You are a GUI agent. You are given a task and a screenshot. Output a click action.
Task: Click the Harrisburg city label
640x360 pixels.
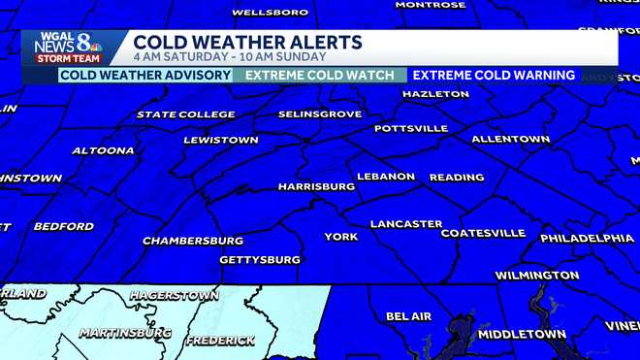[x=316, y=185]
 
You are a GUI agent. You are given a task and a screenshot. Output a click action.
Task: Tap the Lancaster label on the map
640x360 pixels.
[x=406, y=224]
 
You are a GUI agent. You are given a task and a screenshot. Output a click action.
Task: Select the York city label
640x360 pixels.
[x=340, y=237]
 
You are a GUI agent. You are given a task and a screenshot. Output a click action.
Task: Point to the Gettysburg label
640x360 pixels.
[x=260, y=260]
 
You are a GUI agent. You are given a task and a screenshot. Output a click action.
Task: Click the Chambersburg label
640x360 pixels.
[x=193, y=240]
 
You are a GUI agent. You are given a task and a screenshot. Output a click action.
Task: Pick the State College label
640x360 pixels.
[x=186, y=115]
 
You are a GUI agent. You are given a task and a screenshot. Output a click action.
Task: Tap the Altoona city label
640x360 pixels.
[x=103, y=150]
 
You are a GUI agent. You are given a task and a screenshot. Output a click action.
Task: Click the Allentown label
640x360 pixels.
[x=510, y=139]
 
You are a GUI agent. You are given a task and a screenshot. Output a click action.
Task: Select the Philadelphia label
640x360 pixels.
[x=587, y=238]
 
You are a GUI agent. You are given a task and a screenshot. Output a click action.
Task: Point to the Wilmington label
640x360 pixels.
[x=537, y=276]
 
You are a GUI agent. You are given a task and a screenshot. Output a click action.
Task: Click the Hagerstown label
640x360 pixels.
[x=174, y=295]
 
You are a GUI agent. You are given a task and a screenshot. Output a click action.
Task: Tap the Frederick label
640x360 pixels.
[x=220, y=341]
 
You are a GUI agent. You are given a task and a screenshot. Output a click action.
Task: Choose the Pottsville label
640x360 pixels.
[x=411, y=128]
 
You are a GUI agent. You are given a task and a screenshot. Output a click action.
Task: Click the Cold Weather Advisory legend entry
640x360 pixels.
[x=145, y=75]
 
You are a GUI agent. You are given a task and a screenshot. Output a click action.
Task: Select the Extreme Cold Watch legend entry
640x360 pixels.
[x=320, y=75]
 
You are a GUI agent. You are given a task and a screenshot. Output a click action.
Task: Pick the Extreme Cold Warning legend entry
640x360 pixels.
[x=492, y=75]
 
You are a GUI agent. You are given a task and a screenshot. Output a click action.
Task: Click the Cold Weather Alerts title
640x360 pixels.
[x=247, y=42]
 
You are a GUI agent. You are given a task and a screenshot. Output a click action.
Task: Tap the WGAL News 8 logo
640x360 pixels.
[x=67, y=47]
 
